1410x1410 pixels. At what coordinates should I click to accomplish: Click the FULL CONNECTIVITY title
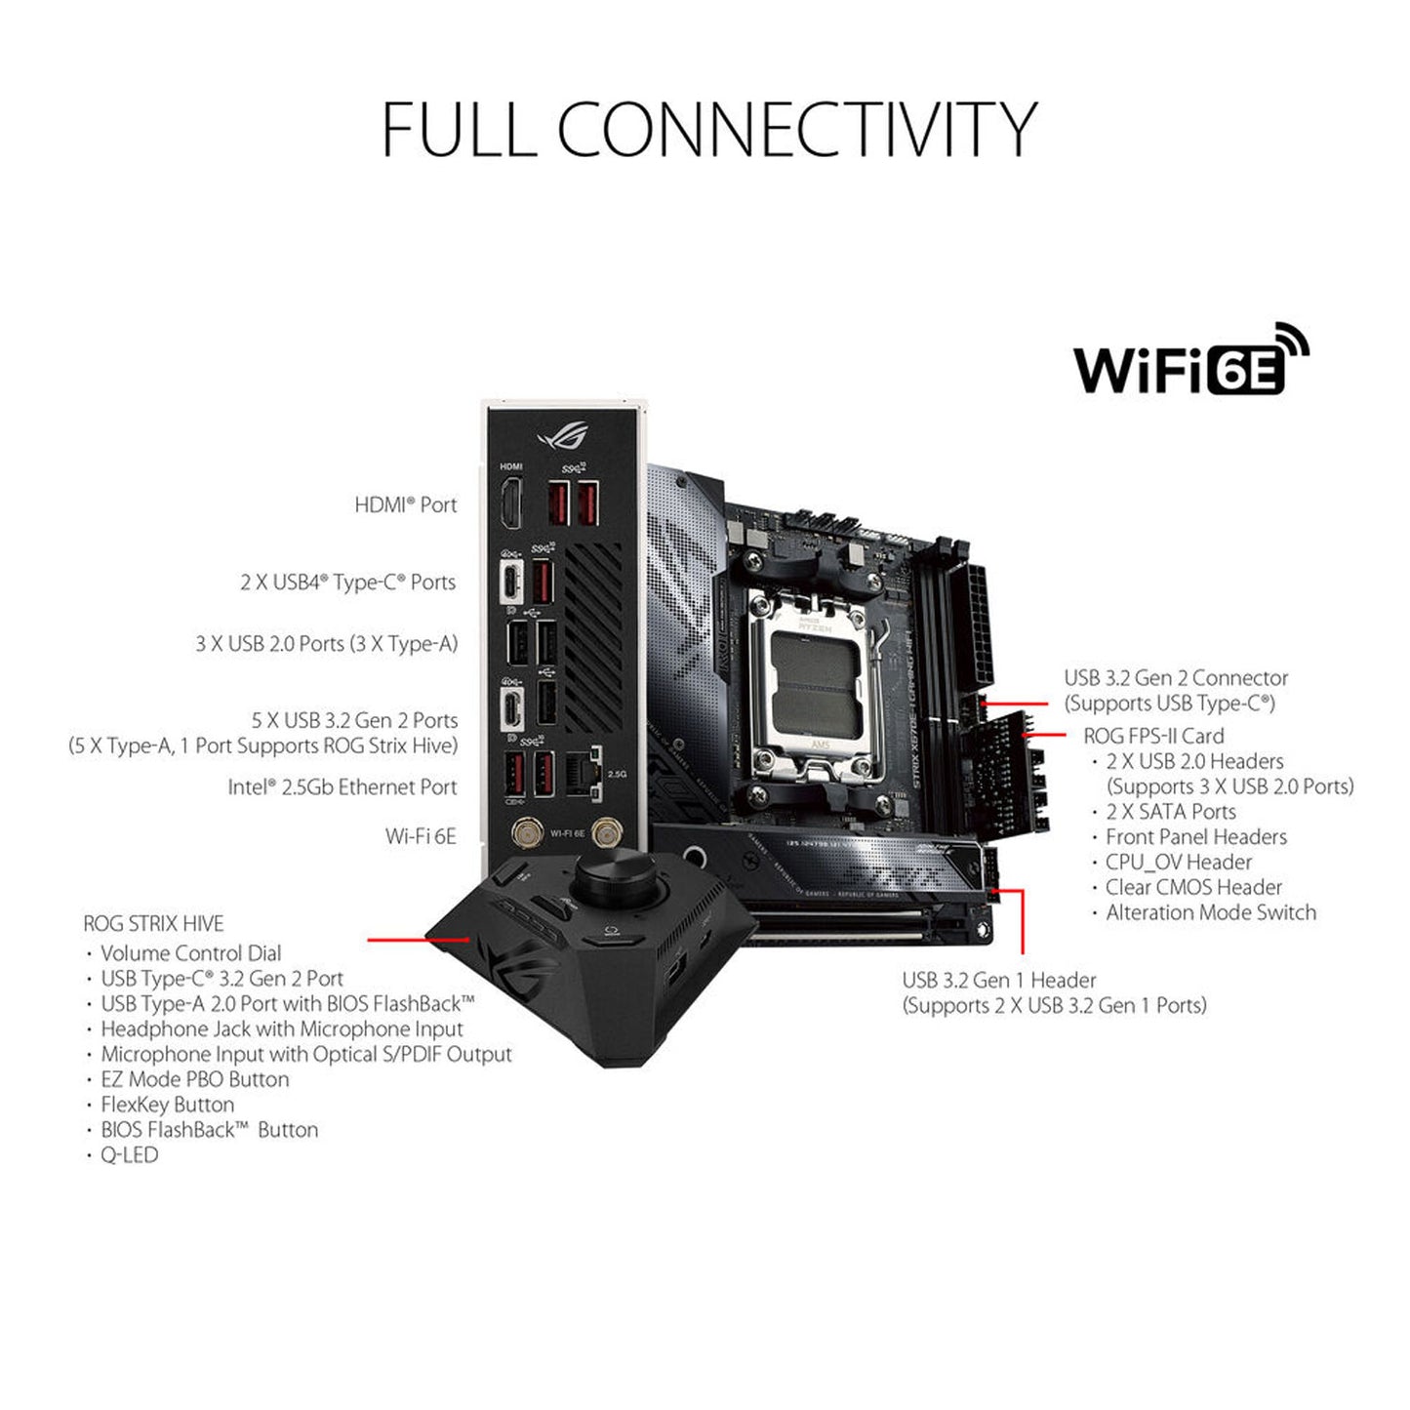pyautogui.click(x=708, y=130)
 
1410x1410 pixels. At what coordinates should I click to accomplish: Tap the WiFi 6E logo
pyautogui.click(x=1190, y=362)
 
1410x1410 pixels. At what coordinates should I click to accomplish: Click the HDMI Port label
pyautogui.click(x=405, y=504)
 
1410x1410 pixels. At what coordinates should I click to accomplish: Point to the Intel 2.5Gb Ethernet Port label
pyautogui.click(x=342, y=786)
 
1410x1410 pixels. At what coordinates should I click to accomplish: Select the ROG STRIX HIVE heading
pyautogui.click(x=153, y=923)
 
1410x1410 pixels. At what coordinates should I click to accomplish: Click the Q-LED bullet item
pyautogui.click(x=129, y=1154)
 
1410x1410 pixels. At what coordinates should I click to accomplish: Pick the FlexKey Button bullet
pyautogui.click(x=167, y=1105)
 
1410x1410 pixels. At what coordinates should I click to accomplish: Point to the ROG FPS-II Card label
pyautogui.click(x=1153, y=736)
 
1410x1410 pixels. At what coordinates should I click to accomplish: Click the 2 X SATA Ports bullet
pyautogui.click(x=1170, y=811)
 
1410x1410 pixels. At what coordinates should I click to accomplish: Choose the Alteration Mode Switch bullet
pyautogui.click(x=1210, y=912)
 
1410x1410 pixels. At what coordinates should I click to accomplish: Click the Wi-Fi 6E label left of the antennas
pyautogui.click(x=421, y=836)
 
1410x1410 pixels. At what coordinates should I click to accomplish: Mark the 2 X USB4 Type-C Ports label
pyautogui.click(x=347, y=583)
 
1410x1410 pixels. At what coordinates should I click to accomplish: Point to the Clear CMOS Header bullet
pyautogui.click(x=1193, y=887)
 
